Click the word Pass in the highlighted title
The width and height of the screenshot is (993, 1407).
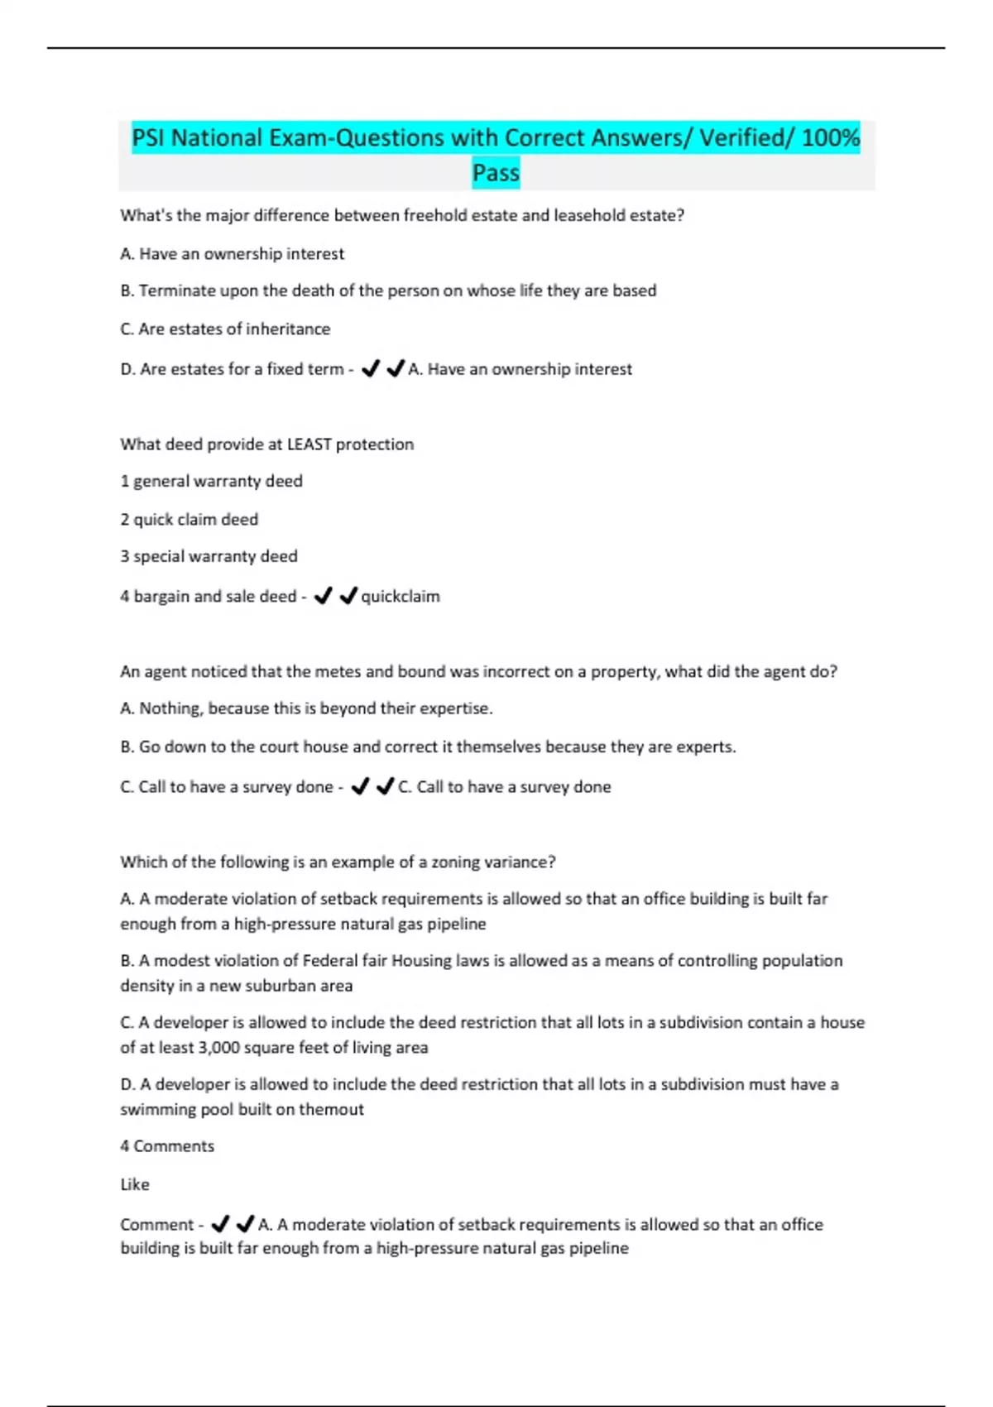tap(496, 173)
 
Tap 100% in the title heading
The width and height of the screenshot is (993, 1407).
tap(831, 137)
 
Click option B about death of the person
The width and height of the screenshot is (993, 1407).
tap(388, 291)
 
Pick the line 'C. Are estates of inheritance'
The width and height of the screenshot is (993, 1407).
tap(225, 329)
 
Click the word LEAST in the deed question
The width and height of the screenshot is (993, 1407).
tap(309, 444)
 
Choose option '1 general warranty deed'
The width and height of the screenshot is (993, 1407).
tap(211, 482)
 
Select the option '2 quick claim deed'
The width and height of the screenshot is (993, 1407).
tap(189, 520)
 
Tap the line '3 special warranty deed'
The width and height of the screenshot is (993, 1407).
tap(209, 557)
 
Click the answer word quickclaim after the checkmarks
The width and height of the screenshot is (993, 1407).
tap(401, 597)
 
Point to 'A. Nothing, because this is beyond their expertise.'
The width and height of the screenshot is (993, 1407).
tap(306, 709)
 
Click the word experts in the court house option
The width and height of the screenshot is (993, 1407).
tap(705, 747)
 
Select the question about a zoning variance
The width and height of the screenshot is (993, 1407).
tap(338, 862)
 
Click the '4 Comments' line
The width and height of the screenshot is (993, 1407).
tap(167, 1147)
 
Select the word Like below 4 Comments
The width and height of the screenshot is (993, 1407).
tap(135, 1185)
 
